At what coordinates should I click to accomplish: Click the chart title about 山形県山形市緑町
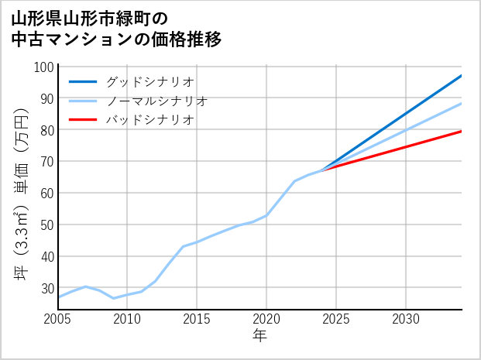(x=117, y=28)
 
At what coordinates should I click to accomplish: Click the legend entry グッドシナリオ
(x=149, y=81)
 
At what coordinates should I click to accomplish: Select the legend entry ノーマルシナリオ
(x=156, y=101)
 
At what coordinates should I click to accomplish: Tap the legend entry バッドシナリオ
(x=149, y=120)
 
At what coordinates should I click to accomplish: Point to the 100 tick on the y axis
(x=45, y=67)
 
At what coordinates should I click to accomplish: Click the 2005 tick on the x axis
(x=58, y=319)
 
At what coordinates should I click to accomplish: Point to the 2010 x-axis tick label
(x=128, y=319)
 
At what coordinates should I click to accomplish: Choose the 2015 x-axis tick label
(x=197, y=319)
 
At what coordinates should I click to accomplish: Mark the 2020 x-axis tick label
(x=266, y=319)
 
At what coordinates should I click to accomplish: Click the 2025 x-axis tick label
(x=336, y=319)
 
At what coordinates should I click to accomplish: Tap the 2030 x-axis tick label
(x=406, y=319)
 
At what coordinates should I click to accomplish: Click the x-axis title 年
(x=260, y=336)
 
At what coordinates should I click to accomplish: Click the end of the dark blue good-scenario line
(x=462, y=76)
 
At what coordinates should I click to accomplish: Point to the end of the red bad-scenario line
(x=462, y=131)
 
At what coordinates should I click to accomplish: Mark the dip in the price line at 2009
(x=114, y=298)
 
